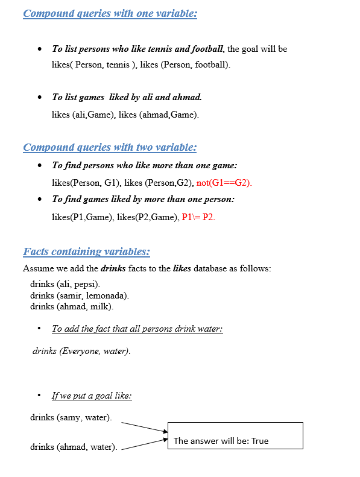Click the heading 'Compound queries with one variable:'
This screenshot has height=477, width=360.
[x=110, y=13]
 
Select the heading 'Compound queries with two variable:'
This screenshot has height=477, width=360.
[x=110, y=147]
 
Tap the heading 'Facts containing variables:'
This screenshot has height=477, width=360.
[x=86, y=251]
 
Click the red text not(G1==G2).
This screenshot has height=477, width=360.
[x=224, y=182]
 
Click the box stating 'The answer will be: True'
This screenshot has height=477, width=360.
[x=235, y=436]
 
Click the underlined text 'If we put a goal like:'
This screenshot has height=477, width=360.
[x=92, y=396]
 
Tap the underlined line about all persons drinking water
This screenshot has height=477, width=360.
[x=137, y=329]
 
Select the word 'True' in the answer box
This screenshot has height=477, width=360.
[x=260, y=441]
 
